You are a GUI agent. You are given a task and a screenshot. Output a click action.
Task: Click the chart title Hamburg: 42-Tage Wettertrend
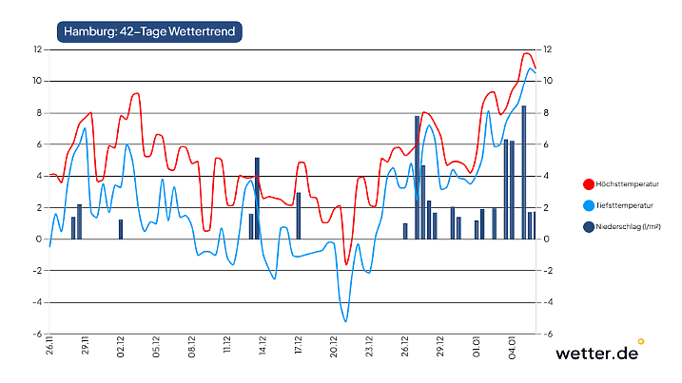pyautogui.click(x=149, y=32)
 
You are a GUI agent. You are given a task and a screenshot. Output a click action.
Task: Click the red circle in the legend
pyautogui.click(x=588, y=183)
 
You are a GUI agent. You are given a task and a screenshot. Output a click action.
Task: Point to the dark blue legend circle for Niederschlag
pyautogui.click(x=588, y=226)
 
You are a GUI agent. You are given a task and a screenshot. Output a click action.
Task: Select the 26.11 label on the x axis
pyautogui.click(x=49, y=346)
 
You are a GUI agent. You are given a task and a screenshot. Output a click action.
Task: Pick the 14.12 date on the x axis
pyautogui.click(x=263, y=346)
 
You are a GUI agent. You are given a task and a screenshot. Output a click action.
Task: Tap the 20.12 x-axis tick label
pyautogui.click(x=334, y=346)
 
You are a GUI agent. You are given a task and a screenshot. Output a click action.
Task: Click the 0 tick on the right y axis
pyautogui.click(x=545, y=239)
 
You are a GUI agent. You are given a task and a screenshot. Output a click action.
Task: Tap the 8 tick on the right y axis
pyautogui.click(x=545, y=112)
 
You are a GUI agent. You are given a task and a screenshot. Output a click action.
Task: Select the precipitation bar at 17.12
pyautogui.click(x=299, y=216)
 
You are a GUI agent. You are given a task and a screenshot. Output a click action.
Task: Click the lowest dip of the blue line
pyautogui.click(x=345, y=321)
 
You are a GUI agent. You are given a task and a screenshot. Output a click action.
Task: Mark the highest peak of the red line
pyautogui.click(x=526, y=53)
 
